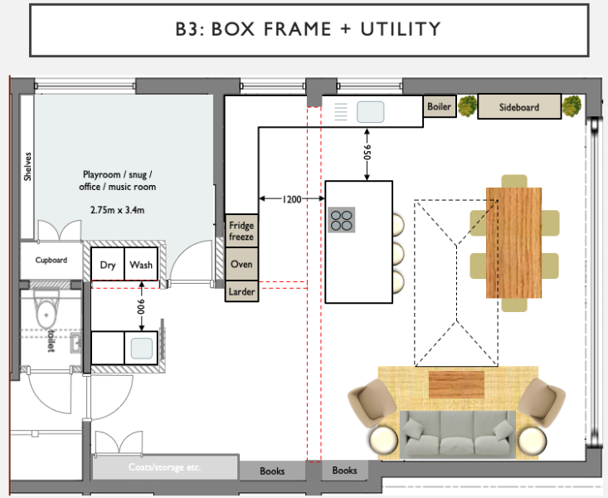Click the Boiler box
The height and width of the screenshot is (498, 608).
tap(440, 106)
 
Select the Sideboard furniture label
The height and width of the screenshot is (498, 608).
tap(518, 107)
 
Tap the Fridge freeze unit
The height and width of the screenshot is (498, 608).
tap(241, 231)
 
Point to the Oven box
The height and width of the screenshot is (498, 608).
tap(241, 264)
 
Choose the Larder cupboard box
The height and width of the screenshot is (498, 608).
tap(241, 291)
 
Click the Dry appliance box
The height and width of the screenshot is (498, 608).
tap(108, 264)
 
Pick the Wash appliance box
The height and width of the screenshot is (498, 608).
tap(141, 264)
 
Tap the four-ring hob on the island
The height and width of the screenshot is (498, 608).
tap(342, 220)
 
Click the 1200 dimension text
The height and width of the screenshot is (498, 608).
tap(292, 199)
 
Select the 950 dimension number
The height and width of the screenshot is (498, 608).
tap(367, 153)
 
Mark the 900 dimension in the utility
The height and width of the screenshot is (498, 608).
tap(141, 306)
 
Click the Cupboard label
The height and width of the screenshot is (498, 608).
tap(51, 260)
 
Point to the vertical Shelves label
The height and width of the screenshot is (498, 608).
tap(27, 167)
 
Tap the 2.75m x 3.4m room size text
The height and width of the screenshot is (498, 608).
tap(117, 210)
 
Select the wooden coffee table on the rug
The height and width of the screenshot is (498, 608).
tap(456, 384)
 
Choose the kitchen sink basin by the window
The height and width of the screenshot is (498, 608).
tap(370, 112)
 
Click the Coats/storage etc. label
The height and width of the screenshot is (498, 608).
tap(165, 467)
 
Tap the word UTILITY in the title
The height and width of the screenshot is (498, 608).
tap(401, 29)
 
